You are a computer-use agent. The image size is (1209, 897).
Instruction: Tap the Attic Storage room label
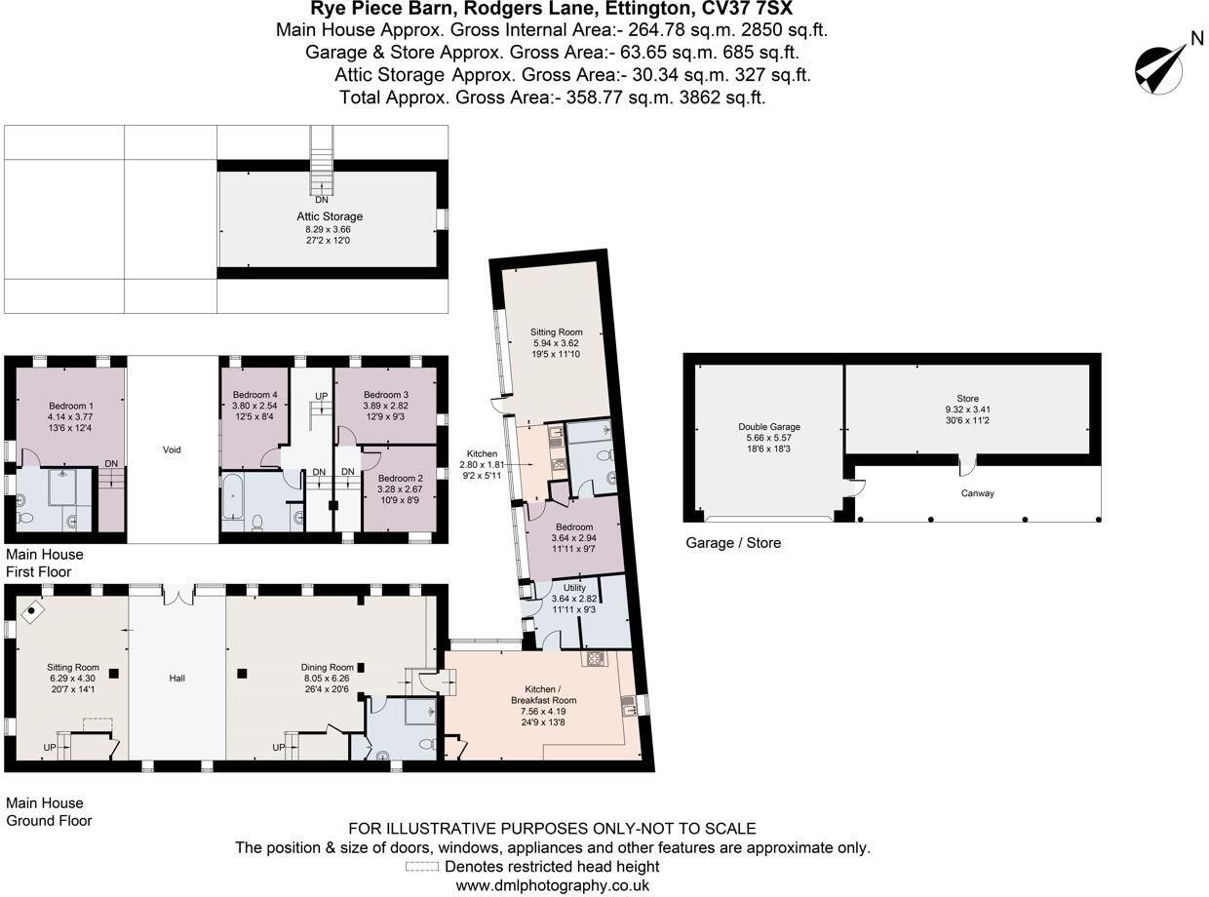click(x=330, y=216)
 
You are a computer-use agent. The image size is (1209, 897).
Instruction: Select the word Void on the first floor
click(x=172, y=449)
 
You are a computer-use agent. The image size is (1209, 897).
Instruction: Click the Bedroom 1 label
click(x=71, y=406)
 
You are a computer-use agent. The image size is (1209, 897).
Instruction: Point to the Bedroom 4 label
click(x=254, y=394)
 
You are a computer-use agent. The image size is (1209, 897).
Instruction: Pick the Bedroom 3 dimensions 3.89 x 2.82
click(x=385, y=406)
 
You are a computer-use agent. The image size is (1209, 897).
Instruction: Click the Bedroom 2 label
click(x=400, y=478)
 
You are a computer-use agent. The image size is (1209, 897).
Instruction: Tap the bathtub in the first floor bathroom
click(x=234, y=495)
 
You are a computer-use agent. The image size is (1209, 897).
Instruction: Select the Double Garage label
click(x=768, y=426)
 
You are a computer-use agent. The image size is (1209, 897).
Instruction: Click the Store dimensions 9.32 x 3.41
click(x=967, y=409)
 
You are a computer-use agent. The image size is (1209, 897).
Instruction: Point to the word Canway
click(x=977, y=493)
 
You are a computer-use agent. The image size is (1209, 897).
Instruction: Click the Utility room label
click(x=574, y=587)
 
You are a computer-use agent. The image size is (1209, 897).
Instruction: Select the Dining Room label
click(x=327, y=667)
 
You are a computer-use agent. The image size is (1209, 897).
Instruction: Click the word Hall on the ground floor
click(x=176, y=679)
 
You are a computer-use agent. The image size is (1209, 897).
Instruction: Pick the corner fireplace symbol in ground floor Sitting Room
click(x=32, y=611)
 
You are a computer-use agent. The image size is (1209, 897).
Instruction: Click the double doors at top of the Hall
click(x=178, y=595)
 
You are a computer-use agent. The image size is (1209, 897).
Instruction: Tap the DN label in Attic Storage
click(x=321, y=200)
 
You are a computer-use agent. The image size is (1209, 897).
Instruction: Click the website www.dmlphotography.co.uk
click(x=552, y=885)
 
